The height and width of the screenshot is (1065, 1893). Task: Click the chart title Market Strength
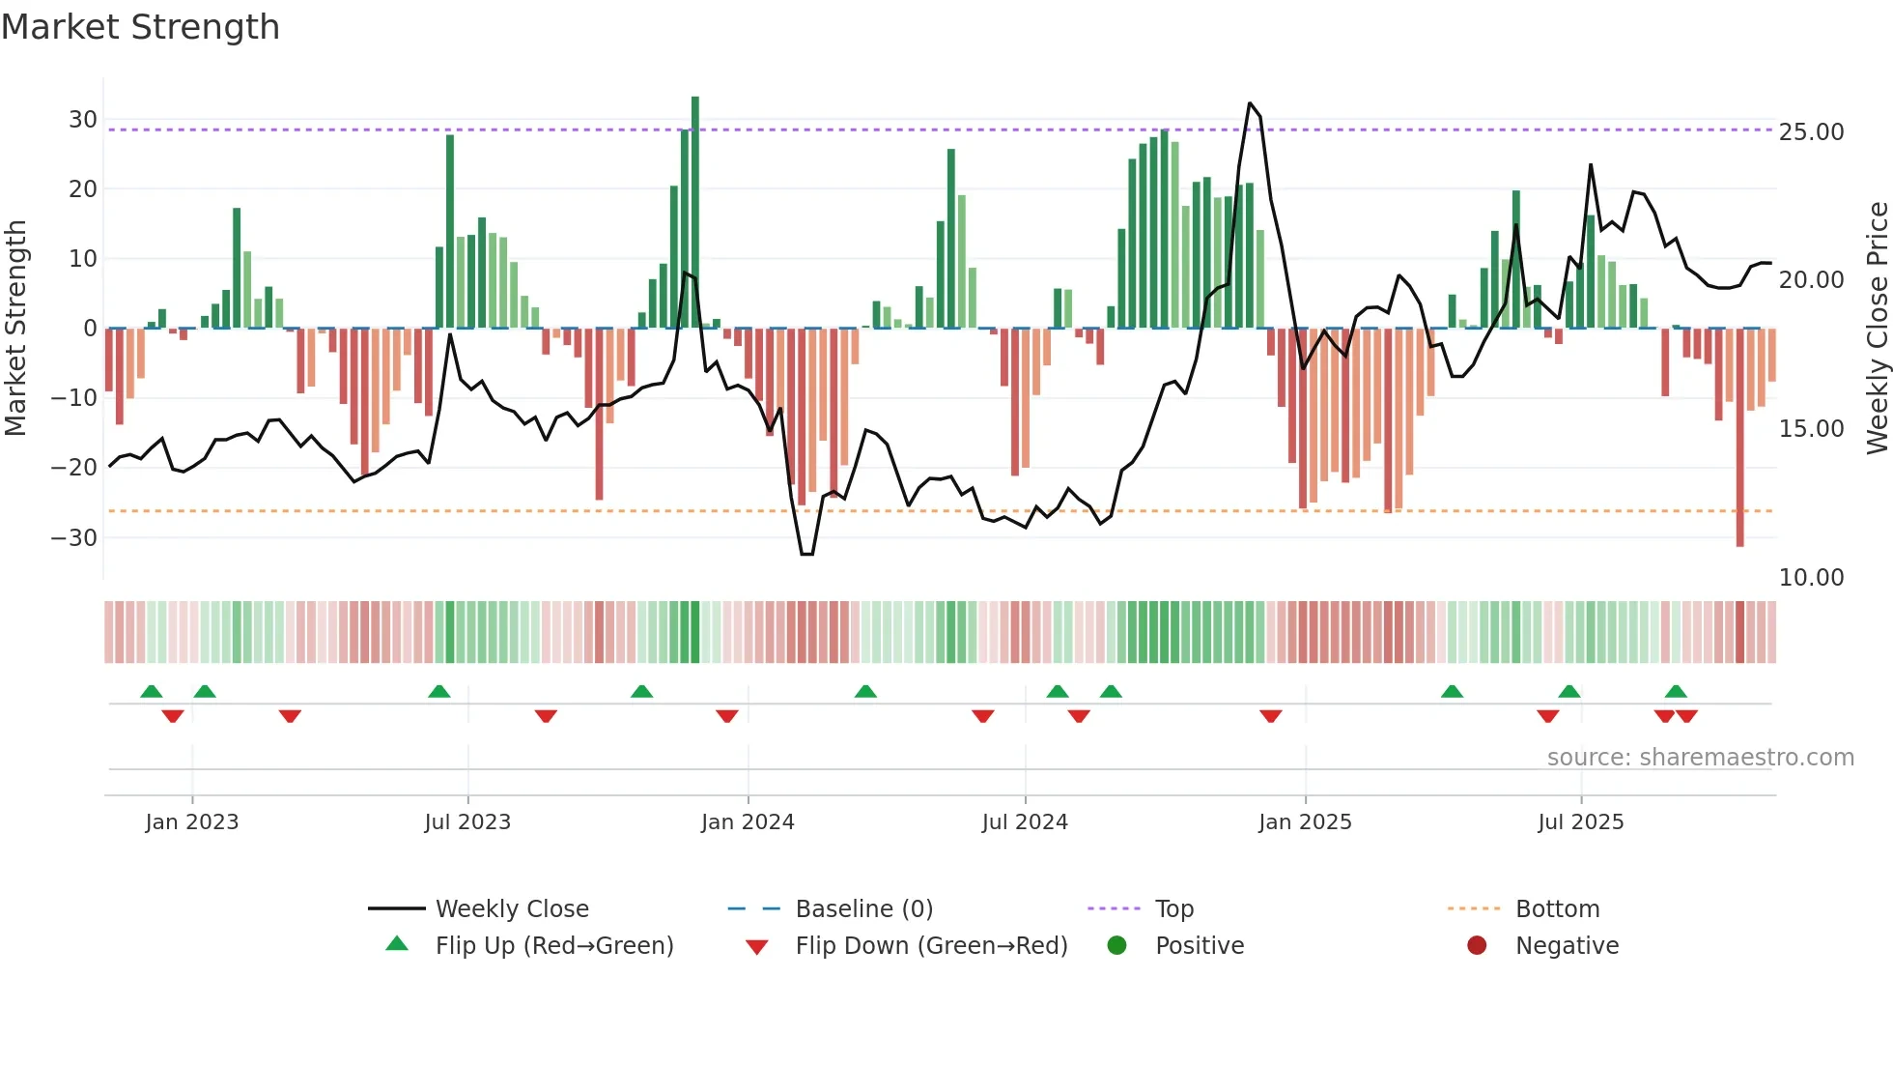[140, 27]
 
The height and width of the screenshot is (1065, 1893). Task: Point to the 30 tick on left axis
[83, 120]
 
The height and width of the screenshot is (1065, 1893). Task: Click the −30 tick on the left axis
[74, 537]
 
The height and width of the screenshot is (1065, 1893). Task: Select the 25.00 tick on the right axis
[1811, 132]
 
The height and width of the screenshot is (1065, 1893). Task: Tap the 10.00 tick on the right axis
[1811, 578]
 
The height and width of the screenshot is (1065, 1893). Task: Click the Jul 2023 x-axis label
[467, 822]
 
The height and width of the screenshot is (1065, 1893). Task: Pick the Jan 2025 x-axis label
[1305, 822]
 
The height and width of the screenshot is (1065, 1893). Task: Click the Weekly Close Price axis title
[1877, 329]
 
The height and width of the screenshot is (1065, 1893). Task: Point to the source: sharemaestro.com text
[1700, 758]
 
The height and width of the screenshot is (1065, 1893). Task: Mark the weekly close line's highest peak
[1250, 103]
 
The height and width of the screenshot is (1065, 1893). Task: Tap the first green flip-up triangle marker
[152, 691]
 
